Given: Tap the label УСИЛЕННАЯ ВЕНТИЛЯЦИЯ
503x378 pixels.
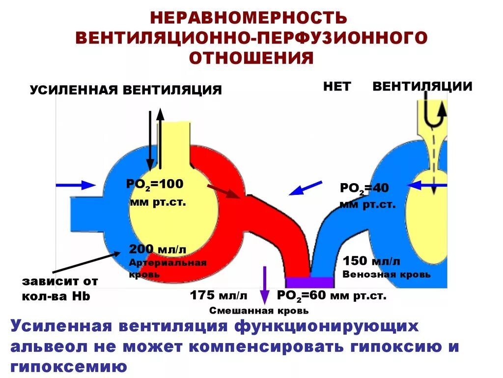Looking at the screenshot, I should (126, 90).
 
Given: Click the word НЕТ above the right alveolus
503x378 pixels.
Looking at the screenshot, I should (337, 87).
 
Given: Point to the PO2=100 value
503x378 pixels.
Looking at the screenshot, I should (155, 185).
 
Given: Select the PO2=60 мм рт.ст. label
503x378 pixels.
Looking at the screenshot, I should (332, 296).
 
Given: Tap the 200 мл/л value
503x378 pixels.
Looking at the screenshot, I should (158, 249).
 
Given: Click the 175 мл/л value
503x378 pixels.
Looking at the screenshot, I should (219, 296).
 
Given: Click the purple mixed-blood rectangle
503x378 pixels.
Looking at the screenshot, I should (309, 282).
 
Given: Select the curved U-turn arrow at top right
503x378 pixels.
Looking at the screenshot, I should (435, 116).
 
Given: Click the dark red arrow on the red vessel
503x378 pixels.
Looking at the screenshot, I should (223, 191).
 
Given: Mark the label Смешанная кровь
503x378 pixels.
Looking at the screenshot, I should (259, 311).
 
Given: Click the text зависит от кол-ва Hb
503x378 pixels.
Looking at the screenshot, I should (60, 289).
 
